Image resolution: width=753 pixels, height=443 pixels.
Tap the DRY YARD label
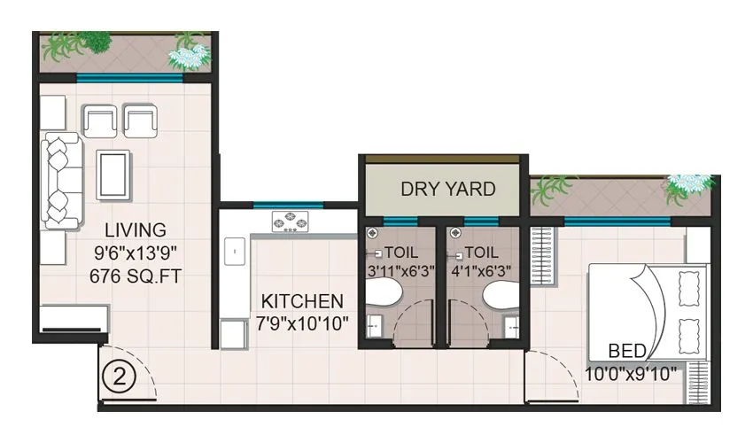pos(447,189)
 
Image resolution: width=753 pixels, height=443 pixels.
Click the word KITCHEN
pos(302,300)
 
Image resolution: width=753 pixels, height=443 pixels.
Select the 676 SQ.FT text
pos(136,276)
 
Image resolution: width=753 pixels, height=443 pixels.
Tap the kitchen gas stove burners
pos(290,221)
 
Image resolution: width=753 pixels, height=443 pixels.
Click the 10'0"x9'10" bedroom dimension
pos(631,373)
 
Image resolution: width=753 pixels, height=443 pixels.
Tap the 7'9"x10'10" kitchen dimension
pos(302,323)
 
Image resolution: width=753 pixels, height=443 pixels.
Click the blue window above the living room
pos(129,77)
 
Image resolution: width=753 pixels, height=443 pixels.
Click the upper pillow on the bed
pos(687,289)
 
